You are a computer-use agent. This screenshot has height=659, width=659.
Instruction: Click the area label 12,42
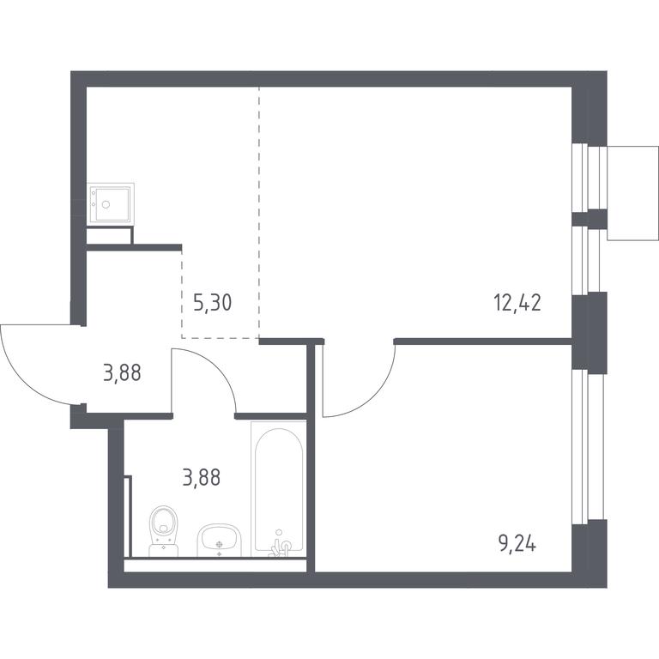517,303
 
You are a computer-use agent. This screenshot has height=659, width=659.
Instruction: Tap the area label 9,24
517,545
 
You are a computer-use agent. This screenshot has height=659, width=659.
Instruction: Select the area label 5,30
213,303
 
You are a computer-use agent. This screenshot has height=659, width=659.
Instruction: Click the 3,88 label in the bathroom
202,477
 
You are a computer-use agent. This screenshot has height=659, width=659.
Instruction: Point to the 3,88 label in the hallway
122,372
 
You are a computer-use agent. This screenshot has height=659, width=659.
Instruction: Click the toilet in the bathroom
164,531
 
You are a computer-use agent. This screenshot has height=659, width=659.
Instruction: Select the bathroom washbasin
219,541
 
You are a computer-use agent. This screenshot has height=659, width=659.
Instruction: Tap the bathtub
279,489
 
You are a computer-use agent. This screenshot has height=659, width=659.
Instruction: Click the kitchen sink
111,204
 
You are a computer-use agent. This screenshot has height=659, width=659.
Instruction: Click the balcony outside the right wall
632,193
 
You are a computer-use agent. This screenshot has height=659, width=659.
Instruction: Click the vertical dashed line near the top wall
259,212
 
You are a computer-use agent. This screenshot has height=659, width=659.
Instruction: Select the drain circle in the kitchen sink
106,204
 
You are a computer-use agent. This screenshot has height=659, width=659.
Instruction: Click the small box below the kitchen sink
110,235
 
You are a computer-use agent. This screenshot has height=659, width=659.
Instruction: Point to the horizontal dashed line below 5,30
221,338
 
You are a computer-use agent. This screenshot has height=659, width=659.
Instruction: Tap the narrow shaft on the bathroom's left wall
128,516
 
